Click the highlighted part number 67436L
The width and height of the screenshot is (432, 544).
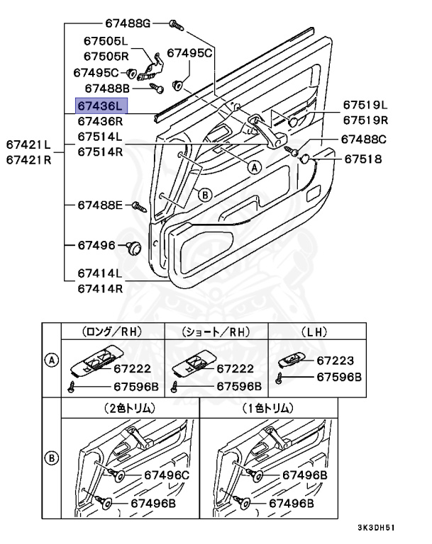coord(100,106)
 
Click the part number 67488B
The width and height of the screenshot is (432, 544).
coord(106,89)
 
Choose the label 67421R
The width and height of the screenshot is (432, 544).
coord(29,159)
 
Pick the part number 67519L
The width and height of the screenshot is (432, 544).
coord(366,106)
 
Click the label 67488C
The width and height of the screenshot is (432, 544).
coord(364,140)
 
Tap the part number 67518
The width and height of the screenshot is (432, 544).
coord(364,159)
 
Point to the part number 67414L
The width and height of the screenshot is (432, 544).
coord(100,273)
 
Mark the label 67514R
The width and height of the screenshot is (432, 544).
coord(100,151)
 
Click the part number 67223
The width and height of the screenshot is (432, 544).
coord(336,361)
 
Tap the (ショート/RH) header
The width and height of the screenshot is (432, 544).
coord(216,331)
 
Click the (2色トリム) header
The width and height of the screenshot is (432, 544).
coord(130,408)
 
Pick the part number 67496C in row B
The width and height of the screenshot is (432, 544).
coord(167,475)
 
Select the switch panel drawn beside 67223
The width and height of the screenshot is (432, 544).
coord(293,360)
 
